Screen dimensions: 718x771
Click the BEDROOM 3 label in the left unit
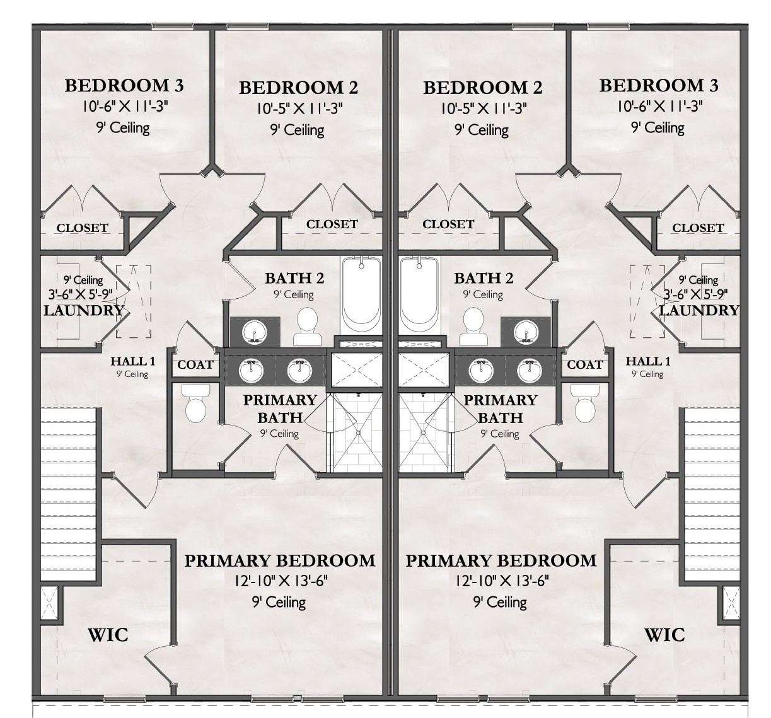(125, 84)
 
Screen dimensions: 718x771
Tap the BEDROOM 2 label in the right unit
(483, 87)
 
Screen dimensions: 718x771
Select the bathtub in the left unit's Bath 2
(361, 294)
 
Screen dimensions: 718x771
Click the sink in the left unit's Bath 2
(255, 330)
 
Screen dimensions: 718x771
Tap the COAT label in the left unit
(195, 364)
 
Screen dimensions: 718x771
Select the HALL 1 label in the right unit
(648, 361)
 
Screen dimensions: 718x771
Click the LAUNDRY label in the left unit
(84, 310)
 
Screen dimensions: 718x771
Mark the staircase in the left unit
(69, 492)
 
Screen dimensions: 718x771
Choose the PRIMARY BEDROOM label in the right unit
(501, 560)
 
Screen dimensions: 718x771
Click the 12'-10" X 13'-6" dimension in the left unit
(279, 581)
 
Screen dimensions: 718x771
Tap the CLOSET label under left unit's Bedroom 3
(83, 228)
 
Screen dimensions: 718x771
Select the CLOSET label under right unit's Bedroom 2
(448, 224)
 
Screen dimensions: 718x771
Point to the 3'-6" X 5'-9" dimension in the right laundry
(697, 293)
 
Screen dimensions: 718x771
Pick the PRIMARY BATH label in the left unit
(280, 408)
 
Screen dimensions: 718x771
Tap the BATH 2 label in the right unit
(484, 277)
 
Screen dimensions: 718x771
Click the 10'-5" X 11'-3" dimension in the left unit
(299, 108)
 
